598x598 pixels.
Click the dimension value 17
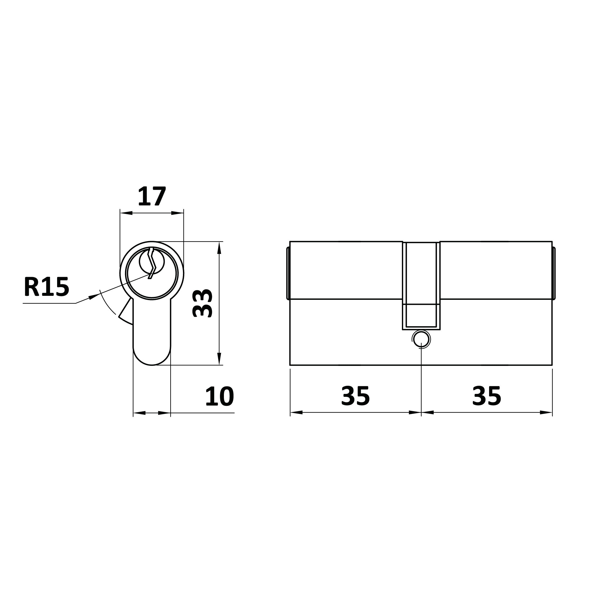point(152,196)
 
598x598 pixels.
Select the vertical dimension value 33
point(202,303)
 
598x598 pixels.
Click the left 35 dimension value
point(355,395)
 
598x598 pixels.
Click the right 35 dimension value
point(487,395)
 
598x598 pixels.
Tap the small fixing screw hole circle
point(421,339)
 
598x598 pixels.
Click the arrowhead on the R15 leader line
point(94,296)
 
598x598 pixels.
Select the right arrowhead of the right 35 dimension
point(546,412)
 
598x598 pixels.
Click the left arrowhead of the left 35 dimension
point(296,412)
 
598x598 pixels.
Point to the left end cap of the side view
point(288,273)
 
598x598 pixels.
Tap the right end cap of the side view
point(554,273)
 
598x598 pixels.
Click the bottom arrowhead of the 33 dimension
point(219,359)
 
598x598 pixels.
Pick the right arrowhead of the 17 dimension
point(177,213)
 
